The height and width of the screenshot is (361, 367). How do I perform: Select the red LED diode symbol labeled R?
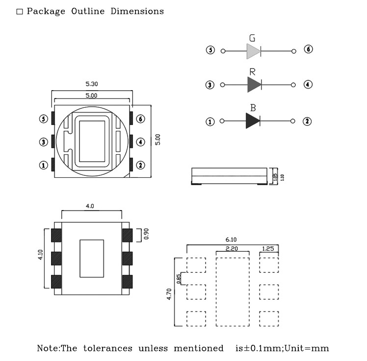(x=254, y=85)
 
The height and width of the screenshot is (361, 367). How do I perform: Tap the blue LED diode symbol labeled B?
(x=253, y=121)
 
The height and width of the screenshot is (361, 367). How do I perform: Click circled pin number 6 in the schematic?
(x=308, y=49)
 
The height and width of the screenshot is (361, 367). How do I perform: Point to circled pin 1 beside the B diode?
(x=210, y=121)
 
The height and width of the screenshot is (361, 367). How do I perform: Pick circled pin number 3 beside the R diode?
(x=210, y=85)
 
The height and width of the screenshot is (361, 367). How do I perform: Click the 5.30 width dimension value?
(x=92, y=84)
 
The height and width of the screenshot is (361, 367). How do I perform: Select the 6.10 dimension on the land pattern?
(x=231, y=240)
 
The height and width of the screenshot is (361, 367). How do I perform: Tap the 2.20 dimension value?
(x=232, y=249)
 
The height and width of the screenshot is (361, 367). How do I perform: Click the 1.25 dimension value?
(x=268, y=249)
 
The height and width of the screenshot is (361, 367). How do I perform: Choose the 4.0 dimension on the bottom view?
(x=90, y=207)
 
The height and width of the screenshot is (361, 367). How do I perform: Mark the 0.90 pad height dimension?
(x=146, y=234)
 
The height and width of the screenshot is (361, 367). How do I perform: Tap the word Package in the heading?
(x=46, y=11)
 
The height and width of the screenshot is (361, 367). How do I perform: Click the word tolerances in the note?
(x=107, y=348)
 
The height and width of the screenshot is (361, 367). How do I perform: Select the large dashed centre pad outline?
(x=233, y=292)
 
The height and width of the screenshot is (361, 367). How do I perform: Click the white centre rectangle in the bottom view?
(x=92, y=258)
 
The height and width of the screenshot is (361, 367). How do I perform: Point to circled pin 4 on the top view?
(x=140, y=142)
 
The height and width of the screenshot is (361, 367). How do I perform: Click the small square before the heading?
(x=20, y=12)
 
